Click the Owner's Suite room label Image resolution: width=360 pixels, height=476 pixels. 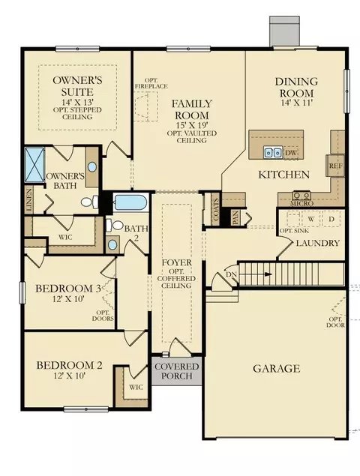pos(77,86)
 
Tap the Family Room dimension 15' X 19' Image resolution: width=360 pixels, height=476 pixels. pos(192,125)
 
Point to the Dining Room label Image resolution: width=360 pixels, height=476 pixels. pos(296,87)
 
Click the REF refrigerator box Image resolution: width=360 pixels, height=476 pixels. pos(335,166)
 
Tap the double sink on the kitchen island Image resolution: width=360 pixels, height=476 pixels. pos(272,152)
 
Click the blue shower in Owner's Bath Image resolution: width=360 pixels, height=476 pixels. pos(34,165)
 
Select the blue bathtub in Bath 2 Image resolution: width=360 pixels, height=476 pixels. pos(131,202)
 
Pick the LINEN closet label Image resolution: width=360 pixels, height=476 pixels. pos(29,199)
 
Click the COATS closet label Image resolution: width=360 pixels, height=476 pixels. pos(216,209)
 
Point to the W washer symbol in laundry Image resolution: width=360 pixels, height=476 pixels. pos(310,219)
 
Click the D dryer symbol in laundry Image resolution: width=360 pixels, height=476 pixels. pos(331,219)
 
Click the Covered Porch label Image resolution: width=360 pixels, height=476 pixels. pos(176,371)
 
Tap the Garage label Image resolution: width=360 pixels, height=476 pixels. pos(277,369)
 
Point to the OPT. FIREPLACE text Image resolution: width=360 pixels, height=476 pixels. pos(151,83)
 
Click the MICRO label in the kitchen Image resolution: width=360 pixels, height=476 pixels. pos(301,203)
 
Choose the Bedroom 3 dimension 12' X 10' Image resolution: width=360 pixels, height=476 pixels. pos(68,299)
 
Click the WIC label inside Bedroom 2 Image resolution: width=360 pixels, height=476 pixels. pos(136,387)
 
